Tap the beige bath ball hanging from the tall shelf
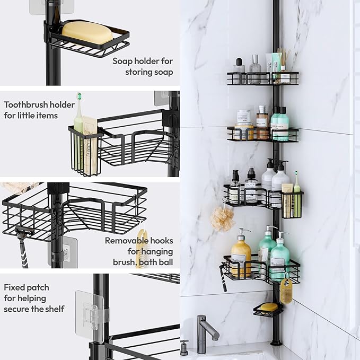tap(222, 218)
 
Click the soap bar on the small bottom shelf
tap(268, 307)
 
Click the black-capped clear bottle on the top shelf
tap(239, 69)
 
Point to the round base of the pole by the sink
tap(276, 342)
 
